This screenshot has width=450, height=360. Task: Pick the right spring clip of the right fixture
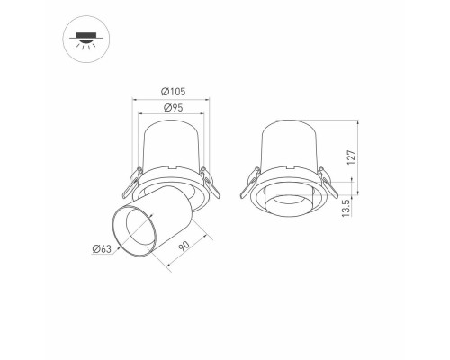tap(328, 186)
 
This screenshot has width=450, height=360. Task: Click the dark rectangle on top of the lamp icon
tap(85, 35)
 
